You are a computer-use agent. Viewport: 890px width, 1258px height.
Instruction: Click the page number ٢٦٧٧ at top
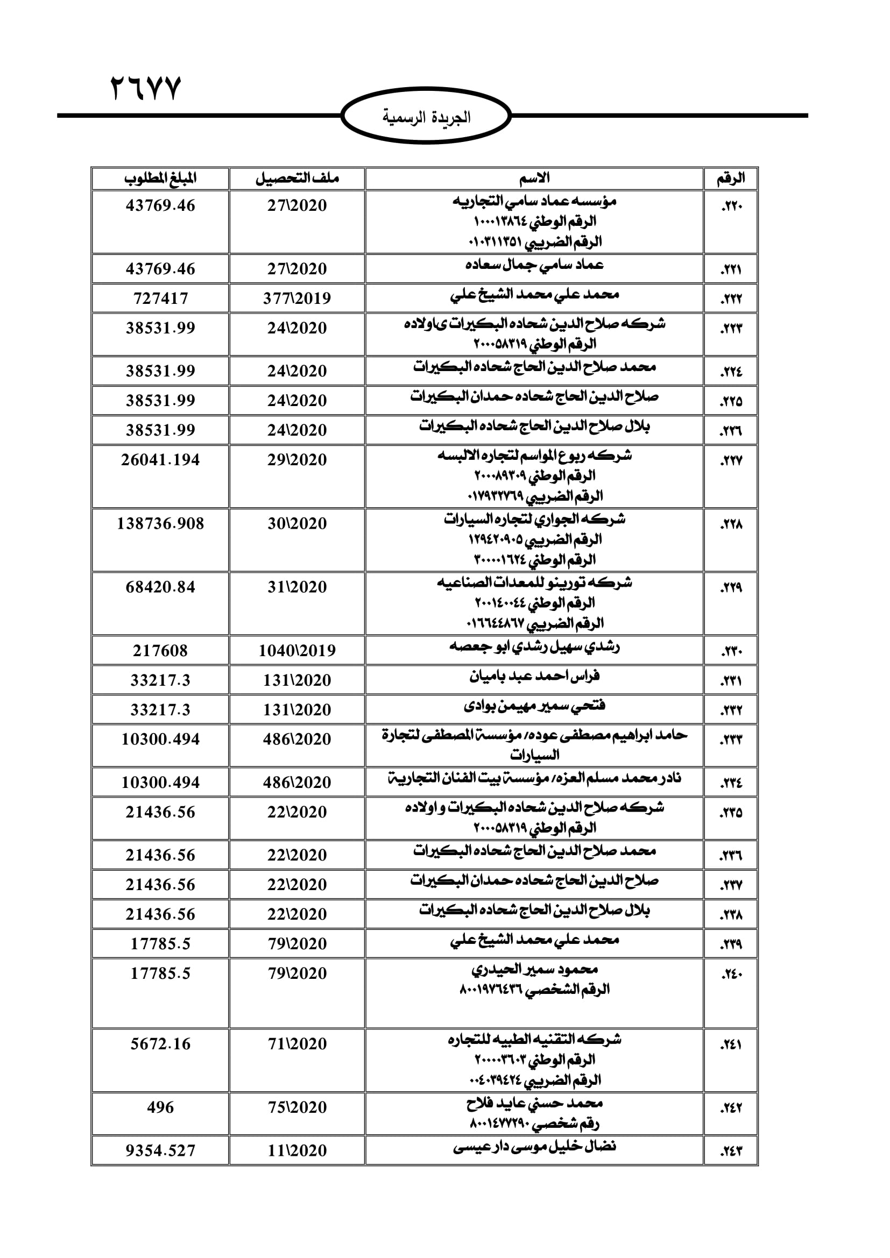(x=146, y=89)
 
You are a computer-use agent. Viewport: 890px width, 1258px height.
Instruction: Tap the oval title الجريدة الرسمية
(x=426, y=117)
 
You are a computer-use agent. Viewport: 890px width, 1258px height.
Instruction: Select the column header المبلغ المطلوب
(x=160, y=179)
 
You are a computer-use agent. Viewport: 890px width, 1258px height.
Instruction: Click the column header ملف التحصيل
(x=297, y=179)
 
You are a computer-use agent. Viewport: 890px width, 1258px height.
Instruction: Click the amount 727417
(x=160, y=298)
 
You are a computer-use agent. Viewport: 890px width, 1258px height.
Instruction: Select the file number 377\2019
(x=297, y=298)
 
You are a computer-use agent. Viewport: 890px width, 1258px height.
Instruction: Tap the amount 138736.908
(x=160, y=524)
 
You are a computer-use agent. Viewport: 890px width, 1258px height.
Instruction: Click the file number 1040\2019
(x=297, y=651)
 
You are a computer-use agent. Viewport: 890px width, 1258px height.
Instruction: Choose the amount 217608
(x=160, y=651)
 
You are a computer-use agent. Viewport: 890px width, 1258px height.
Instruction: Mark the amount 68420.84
(x=160, y=587)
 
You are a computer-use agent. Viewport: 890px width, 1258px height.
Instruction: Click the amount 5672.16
(x=160, y=1044)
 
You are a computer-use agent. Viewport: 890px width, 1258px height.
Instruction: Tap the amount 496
(x=160, y=1108)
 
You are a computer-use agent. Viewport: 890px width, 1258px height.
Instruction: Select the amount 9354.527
(x=160, y=1151)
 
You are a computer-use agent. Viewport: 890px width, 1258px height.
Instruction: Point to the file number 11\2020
(x=297, y=1151)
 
